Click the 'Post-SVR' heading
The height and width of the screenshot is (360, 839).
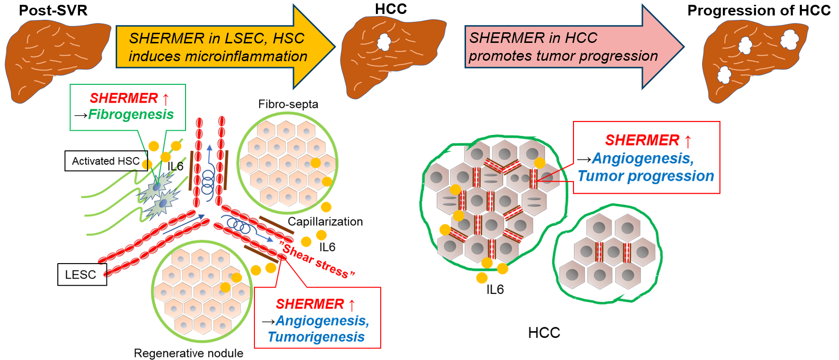coord(53,10)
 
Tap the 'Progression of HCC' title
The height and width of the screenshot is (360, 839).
coord(759,11)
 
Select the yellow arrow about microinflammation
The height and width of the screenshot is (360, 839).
coord(222,47)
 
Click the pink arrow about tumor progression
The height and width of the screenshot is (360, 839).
coord(569,47)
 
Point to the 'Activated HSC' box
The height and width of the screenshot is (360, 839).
coord(106,161)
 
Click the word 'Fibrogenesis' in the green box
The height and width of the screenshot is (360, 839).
coord(131,115)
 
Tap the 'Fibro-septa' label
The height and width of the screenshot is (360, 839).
coord(288,104)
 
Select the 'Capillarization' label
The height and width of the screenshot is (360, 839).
coord(325,222)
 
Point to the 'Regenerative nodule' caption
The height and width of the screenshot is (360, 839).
coord(188,353)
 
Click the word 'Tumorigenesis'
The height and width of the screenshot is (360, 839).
coord(316,337)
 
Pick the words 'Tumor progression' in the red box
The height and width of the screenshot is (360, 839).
coord(646,176)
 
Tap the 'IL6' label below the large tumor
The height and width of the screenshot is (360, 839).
coord(495,290)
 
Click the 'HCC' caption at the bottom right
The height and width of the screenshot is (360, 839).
coord(544,333)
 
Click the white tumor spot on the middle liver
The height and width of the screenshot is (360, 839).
coord(384,42)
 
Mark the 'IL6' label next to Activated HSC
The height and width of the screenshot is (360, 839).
coord(175,167)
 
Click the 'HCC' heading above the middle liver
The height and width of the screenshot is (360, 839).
coord(391,9)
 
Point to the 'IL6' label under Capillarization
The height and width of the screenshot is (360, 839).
coord(327,247)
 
